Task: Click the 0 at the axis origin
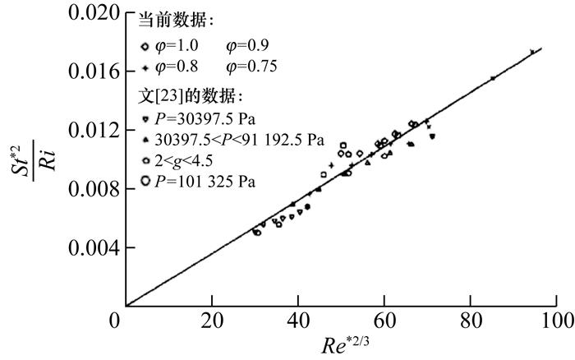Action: [x=116, y=319]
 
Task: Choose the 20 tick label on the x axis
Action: [x=213, y=319]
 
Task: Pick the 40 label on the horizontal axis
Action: [x=299, y=319]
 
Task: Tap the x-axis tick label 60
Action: [x=384, y=319]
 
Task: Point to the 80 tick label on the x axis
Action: [x=471, y=319]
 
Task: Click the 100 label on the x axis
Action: [x=552, y=319]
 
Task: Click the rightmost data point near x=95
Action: [x=532, y=52]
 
